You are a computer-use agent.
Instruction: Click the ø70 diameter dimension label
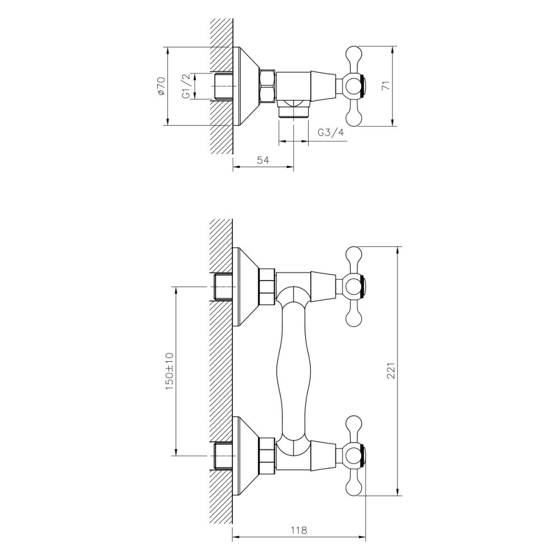click(x=161, y=86)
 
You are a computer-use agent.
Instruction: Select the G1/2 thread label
click(x=186, y=86)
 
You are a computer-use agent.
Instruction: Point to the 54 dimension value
click(x=263, y=160)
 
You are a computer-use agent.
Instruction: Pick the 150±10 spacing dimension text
click(x=170, y=371)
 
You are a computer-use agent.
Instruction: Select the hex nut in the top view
click(x=267, y=86)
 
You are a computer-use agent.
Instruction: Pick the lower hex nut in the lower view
click(x=267, y=455)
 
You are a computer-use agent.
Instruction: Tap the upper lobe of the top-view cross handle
click(x=353, y=57)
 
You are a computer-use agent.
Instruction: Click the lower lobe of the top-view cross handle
click(x=353, y=116)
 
